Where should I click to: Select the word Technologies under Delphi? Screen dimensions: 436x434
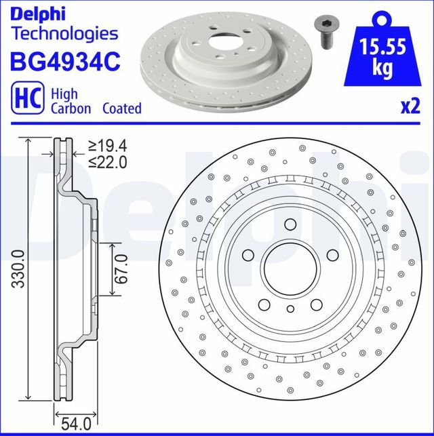65,33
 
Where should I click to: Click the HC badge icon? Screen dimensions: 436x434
24,100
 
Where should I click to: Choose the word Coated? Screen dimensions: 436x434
121,108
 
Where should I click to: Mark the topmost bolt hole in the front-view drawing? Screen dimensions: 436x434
290,224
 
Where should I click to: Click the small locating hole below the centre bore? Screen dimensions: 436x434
290,309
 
